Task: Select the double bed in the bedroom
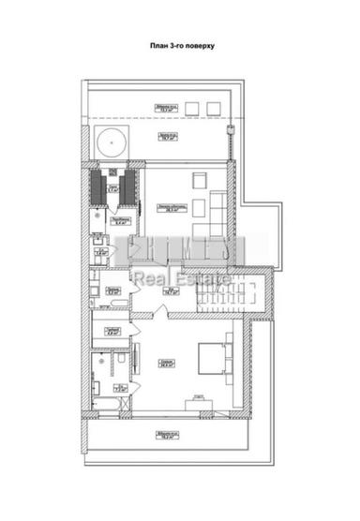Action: click(x=212, y=358)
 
